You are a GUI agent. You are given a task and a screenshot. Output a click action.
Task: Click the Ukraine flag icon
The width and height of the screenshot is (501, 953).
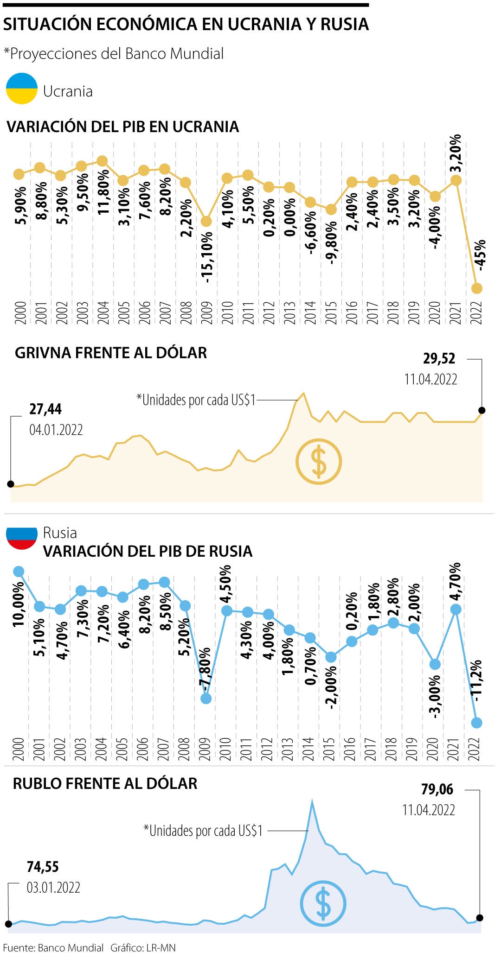click(x=21, y=88)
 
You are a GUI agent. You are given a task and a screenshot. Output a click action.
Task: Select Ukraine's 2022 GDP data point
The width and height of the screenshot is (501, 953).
click(x=477, y=288)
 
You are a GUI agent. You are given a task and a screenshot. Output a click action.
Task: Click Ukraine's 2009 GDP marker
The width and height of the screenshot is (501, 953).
click(x=206, y=222)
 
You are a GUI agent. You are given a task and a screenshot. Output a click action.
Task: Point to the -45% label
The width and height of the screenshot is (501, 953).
click(x=481, y=255)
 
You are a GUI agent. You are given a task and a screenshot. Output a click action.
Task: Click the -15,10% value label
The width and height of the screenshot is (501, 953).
click(x=207, y=257)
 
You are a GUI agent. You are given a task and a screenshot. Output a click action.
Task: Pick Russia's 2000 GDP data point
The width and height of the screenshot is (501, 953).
click(x=19, y=572)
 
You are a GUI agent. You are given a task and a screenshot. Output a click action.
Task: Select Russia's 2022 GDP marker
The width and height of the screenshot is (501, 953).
click(x=476, y=723)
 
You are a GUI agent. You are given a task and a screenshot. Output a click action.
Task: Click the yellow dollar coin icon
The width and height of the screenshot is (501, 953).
click(x=319, y=462)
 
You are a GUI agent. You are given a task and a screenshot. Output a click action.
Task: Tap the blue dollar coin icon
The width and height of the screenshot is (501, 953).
click(x=323, y=903)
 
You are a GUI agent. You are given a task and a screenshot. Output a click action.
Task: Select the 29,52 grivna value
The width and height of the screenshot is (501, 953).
click(x=439, y=359)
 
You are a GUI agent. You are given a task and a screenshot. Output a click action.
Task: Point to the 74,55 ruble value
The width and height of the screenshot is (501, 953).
click(x=43, y=867)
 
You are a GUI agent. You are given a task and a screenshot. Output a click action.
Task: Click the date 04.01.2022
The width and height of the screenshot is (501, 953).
click(x=56, y=430)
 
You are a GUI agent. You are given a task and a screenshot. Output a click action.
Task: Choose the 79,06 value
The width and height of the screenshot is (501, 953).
click(x=437, y=789)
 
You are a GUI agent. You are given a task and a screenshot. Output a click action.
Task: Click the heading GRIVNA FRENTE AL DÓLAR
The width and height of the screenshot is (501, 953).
click(x=111, y=353)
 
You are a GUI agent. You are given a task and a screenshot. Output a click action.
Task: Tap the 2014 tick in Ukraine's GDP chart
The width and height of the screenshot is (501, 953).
click(x=310, y=312)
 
